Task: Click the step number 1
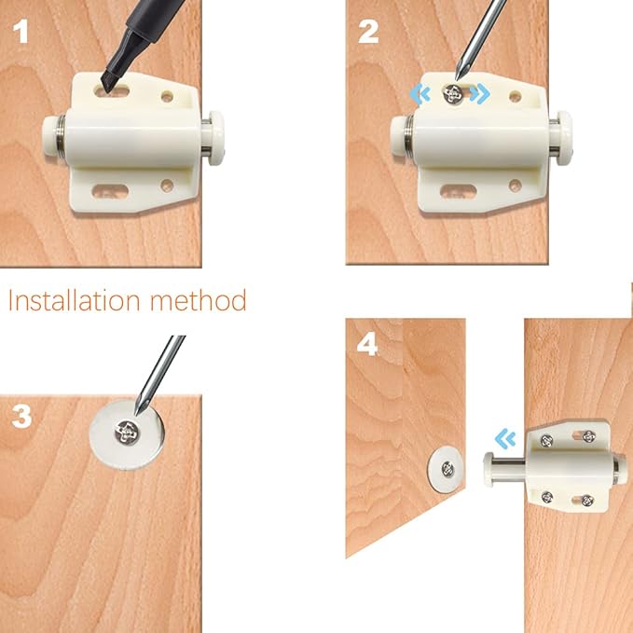pos(21,34)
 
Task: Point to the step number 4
pos(368,345)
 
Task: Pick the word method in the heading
pos(201,300)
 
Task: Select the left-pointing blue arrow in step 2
pos(421,93)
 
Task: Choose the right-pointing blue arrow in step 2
pos(480,94)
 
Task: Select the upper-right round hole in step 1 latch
pos(169,95)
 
